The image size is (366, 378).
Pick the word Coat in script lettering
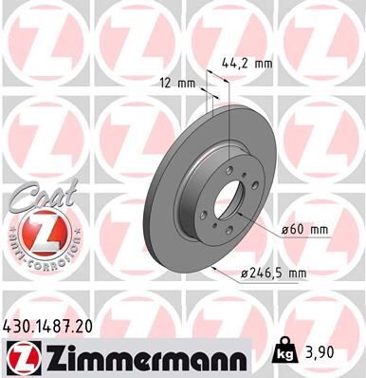(38, 197)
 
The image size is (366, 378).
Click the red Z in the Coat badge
(39, 234)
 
